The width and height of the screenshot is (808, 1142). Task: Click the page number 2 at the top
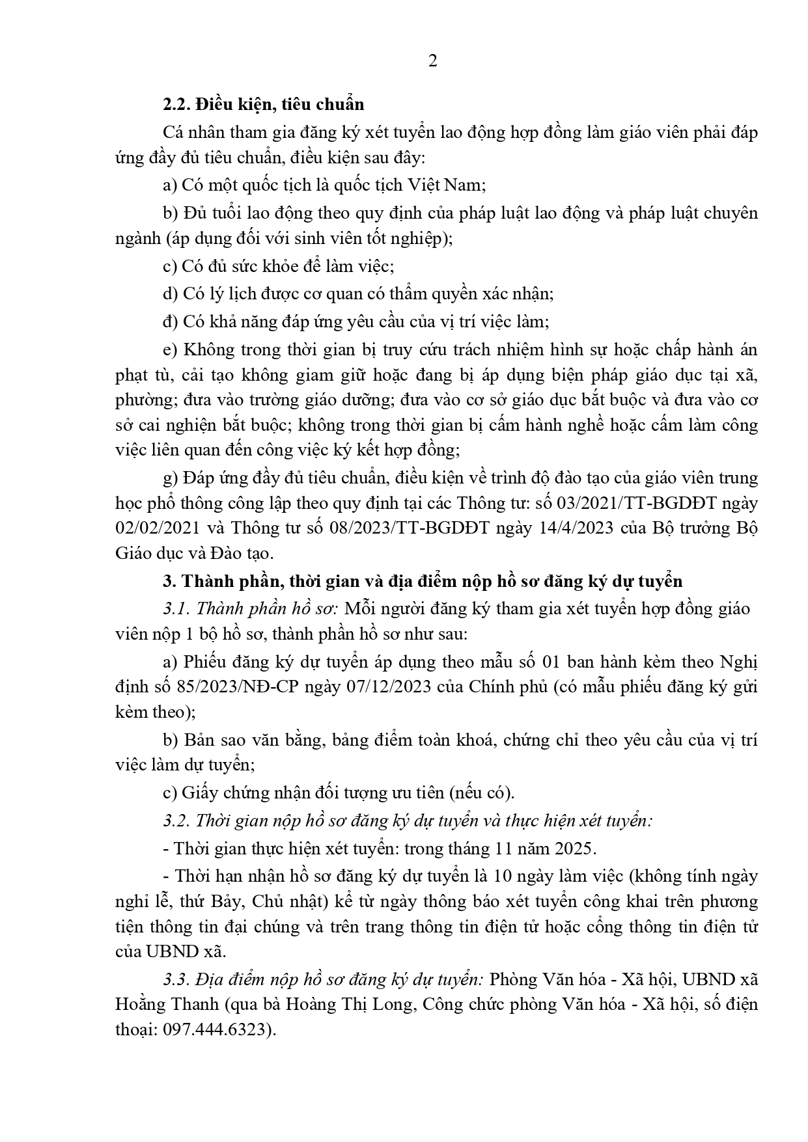433,61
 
